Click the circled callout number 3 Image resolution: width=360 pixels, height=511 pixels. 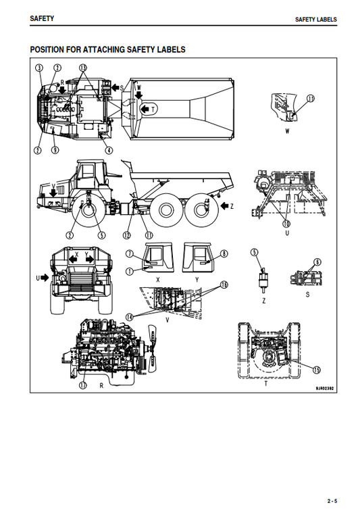[40, 68]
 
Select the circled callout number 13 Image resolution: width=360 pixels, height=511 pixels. [83, 68]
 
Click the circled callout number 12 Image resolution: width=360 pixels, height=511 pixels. [126, 235]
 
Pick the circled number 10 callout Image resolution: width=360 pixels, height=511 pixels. [286, 224]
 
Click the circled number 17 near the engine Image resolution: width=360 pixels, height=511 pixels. [82, 385]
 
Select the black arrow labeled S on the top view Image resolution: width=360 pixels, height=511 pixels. [62, 89]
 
